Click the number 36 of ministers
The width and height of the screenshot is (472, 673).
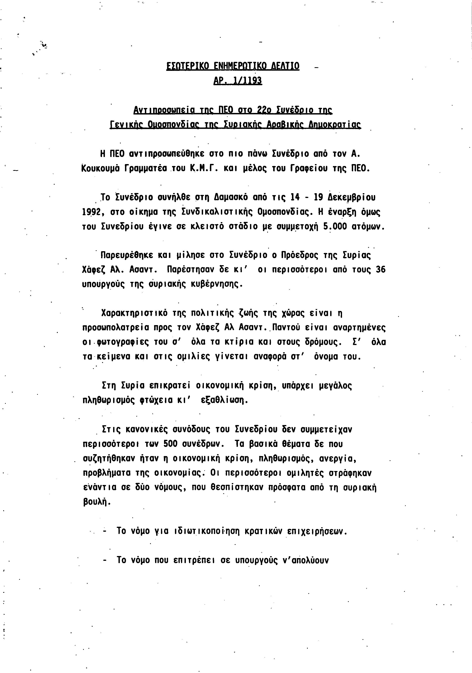tap(380, 270)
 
